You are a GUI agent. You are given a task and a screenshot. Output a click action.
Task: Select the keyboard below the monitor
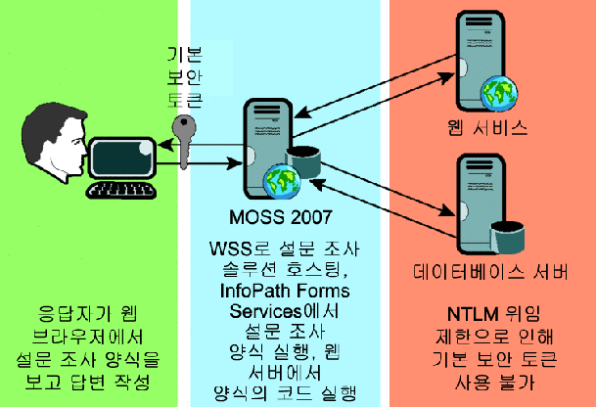click(121, 191)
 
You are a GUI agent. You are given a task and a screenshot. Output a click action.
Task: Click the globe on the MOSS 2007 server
click(282, 182)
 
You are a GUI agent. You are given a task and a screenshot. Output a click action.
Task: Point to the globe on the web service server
click(499, 93)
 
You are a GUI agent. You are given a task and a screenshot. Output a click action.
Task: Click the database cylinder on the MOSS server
click(303, 162)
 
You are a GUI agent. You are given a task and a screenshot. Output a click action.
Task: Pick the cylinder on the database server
click(508, 238)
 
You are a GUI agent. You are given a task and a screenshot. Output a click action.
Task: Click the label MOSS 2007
click(281, 217)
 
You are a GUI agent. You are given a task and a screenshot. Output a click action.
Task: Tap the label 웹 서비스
click(487, 127)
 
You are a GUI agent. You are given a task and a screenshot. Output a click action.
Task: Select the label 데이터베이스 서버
click(490, 272)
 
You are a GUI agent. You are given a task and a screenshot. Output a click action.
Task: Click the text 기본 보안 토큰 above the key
click(184, 77)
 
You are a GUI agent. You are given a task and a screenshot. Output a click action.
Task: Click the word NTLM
click(473, 314)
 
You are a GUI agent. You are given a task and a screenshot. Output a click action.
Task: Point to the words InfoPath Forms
click(285, 291)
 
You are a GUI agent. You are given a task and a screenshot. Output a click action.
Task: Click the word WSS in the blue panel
click(230, 249)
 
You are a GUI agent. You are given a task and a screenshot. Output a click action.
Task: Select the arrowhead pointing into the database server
click(447, 210)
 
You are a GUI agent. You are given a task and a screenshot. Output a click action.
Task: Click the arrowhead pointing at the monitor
click(165, 145)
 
